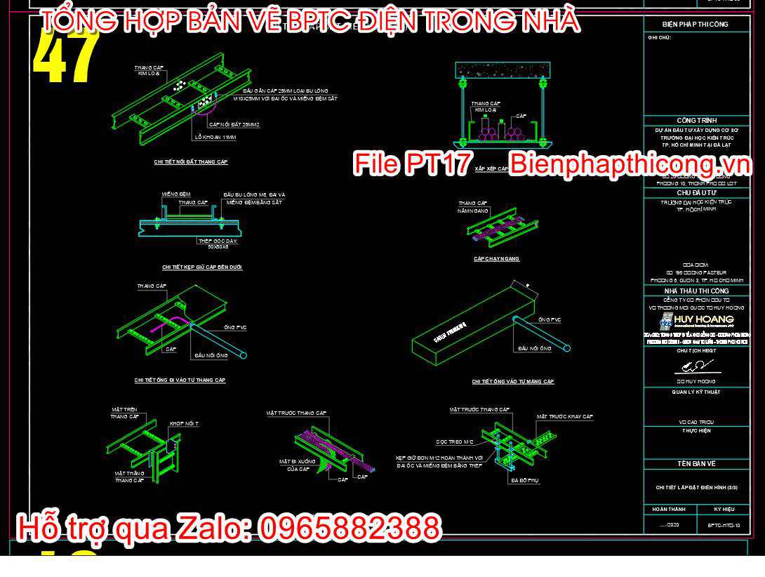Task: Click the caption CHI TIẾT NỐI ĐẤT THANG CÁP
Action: (x=191, y=162)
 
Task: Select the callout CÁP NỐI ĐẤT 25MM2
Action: (x=234, y=124)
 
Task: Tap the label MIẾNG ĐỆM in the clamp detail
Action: (x=175, y=194)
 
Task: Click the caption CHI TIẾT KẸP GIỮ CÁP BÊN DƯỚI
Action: (x=202, y=267)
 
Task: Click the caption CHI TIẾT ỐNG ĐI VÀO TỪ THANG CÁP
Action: (x=180, y=380)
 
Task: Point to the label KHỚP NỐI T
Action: (x=184, y=424)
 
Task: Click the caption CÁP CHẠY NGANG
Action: (x=496, y=259)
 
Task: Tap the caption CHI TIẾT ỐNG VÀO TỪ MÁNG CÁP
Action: (x=513, y=382)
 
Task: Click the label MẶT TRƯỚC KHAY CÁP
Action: (x=565, y=417)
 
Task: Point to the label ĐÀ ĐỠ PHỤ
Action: (x=524, y=481)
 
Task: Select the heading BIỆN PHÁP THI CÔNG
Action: (x=695, y=25)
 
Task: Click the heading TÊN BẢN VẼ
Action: (x=696, y=464)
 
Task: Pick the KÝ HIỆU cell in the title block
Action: (x=724, y=509)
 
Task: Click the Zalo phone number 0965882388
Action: (x=350, y=527)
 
